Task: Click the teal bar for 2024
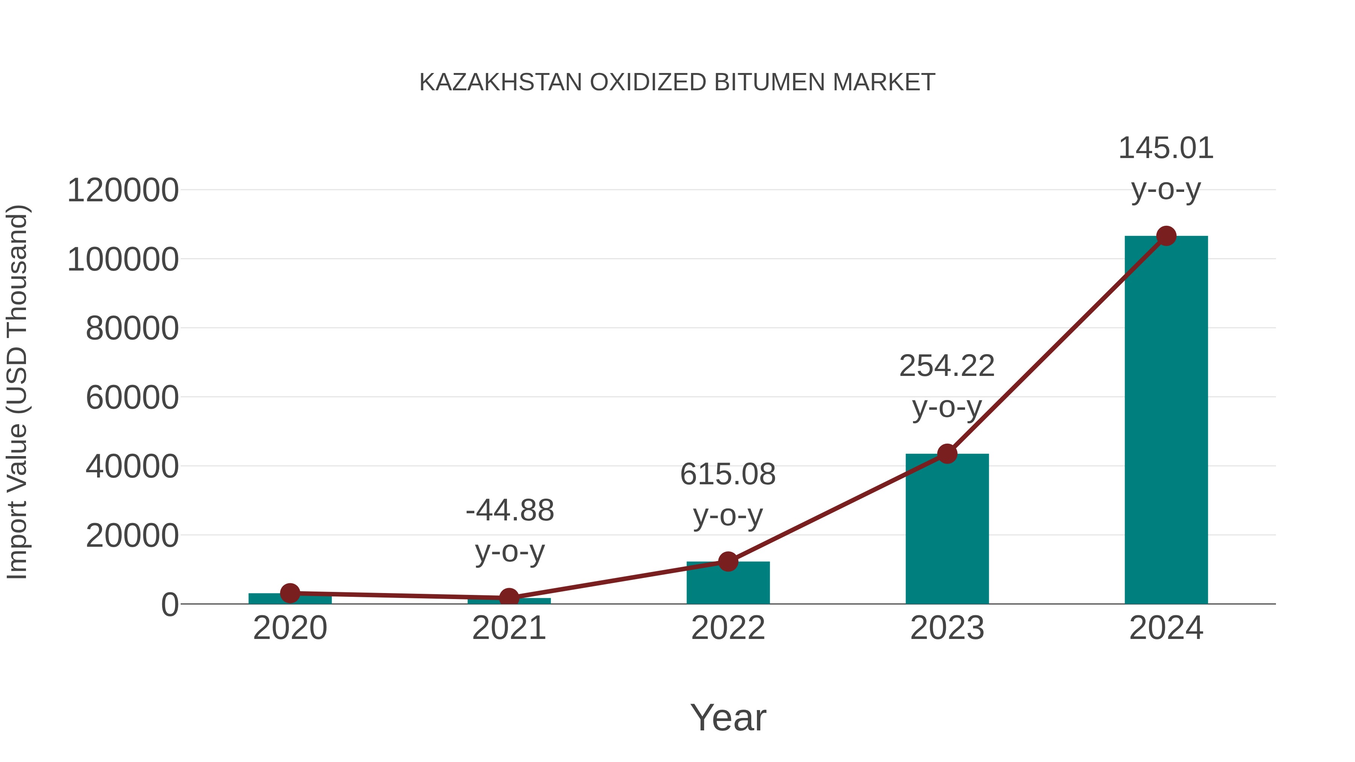(1166, 421)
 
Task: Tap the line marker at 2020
(290, 593)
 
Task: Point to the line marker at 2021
(509, 598)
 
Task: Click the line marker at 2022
(728, 562)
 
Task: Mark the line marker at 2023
(947, 453)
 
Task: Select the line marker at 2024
(1166, 236)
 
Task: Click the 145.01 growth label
(1166, 148)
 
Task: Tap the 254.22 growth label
(947, 366)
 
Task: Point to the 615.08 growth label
(728, 475)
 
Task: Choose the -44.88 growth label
(510, 511)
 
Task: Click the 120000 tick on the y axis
(123, 190)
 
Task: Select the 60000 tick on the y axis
(132, 398)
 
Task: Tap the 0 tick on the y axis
(170, 605)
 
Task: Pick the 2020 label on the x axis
(290, 628)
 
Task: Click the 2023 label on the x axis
(947, 628)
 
